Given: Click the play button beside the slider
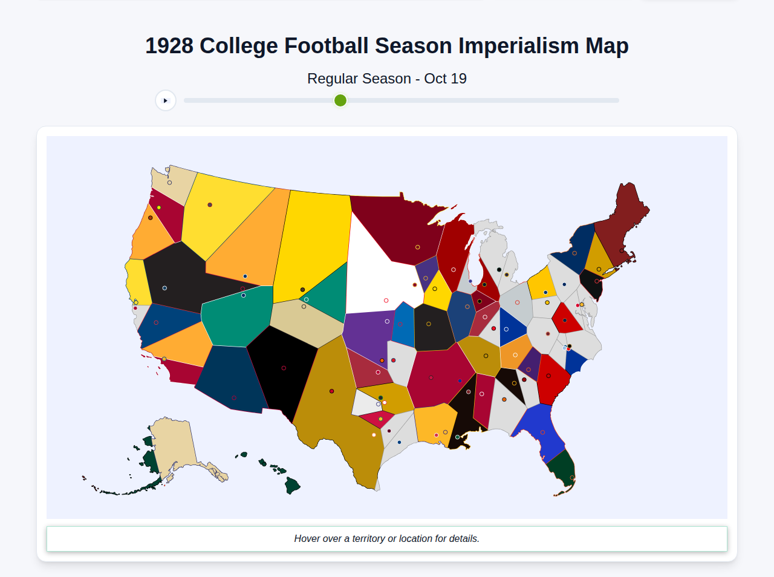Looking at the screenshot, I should pyautogui.click(x=165, y=100).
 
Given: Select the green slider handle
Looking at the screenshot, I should pyautogui.click(x=340, y=100).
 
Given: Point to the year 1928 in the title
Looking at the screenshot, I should pyautogui.click(x=169, y=46).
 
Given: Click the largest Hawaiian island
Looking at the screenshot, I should pyautogui.click(x=293, y=485).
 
